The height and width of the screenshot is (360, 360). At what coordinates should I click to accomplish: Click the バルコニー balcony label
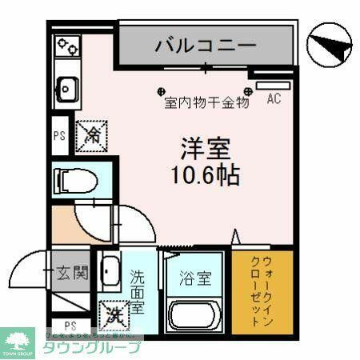(206, 44)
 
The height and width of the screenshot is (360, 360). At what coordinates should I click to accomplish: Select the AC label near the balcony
(274, 99)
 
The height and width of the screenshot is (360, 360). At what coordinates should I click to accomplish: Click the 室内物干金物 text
(207, 102)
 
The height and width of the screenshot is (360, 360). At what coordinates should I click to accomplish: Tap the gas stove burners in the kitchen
(67, 46)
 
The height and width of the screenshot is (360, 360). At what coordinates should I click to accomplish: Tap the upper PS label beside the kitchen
(58, 135)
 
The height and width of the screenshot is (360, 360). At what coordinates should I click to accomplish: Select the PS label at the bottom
(70, 325)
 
